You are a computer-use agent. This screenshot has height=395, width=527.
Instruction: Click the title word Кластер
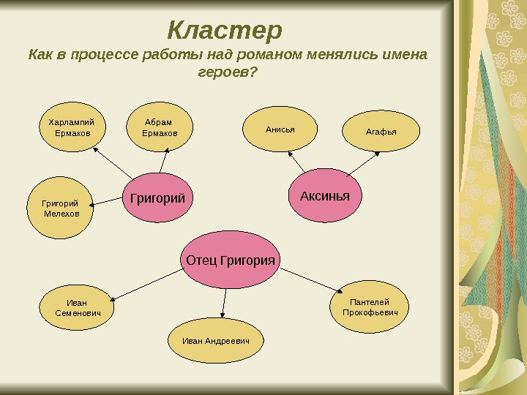point(225,31)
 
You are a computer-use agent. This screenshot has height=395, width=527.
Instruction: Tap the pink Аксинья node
point(325,197)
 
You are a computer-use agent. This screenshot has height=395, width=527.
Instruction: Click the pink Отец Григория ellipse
point(231,260)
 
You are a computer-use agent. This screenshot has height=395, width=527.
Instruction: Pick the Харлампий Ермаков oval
point(72,128)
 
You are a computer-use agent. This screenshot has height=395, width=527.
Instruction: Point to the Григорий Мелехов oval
point(61,208)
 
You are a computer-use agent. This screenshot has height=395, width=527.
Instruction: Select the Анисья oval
point(280,129)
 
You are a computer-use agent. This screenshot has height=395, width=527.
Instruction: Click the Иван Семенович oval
point(76,308)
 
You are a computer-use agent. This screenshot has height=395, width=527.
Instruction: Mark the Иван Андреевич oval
point(216,342)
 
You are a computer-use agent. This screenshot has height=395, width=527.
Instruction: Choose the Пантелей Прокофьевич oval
point(370,307)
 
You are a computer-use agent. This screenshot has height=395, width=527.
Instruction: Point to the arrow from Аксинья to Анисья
point(298,162)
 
